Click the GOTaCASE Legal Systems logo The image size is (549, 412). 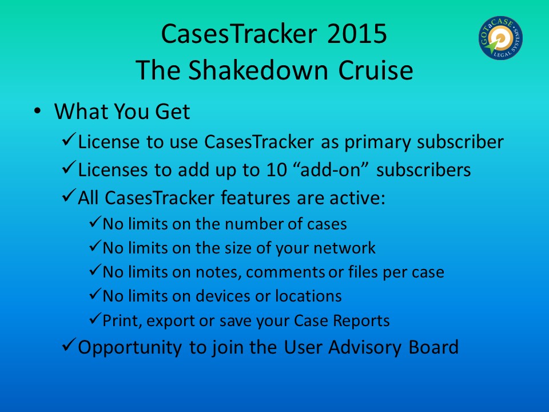(x=501, y=38)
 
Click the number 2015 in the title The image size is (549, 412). (x=357, y=34)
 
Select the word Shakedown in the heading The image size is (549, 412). (x=258, y=70)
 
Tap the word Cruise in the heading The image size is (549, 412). (x=376, y=70)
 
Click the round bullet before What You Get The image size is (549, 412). (x=37, y=111)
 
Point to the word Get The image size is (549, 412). (x=172, y=112)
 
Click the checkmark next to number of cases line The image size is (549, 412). (x=96, y=221)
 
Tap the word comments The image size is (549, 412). (x=285, y=272)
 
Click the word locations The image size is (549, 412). (x=308, y=296)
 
